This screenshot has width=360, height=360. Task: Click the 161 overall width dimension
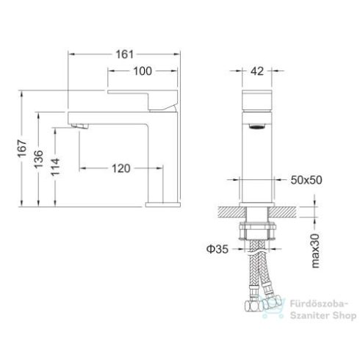[x=123, y=54]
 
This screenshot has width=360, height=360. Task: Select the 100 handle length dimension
[x=143, y=71]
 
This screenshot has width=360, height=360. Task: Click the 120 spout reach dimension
[x=120, y=168]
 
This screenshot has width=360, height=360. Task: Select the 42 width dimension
[x=257, y=71]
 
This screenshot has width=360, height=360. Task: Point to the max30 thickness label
[x=316, y=250]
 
